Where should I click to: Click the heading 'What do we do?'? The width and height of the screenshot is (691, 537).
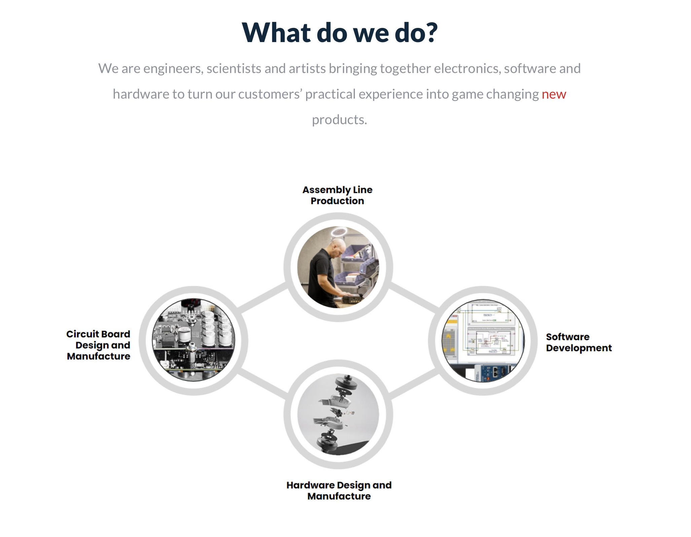tap(340, 32)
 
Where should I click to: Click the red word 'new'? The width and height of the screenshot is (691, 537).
tap(554, 94)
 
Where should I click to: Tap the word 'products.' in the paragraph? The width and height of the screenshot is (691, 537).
tap(339, 120)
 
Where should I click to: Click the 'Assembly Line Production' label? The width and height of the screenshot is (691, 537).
tap(337, 195)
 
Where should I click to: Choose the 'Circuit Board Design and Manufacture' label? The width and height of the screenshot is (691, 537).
tap(98, 345)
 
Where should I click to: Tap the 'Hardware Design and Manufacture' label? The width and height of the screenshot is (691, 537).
tap(339, 490)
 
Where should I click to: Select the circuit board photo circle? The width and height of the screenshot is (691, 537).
tap(193, 340)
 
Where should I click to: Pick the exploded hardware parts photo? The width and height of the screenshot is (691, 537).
tap(338, 414)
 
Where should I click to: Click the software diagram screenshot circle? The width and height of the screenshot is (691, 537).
tap(483, 341)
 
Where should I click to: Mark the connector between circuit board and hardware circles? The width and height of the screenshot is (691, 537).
tap(262, 384)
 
